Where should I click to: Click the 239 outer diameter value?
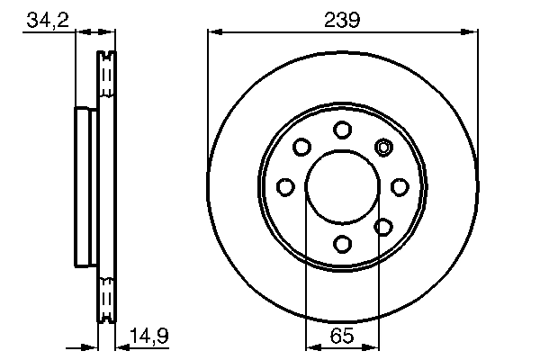(x=342, y=19)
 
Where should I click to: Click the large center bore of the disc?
(x=342, y=186)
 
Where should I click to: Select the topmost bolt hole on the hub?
(x=342, y=130)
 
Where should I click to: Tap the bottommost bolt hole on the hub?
(x=342, y=243)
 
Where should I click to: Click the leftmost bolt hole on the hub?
(x=285, y=186)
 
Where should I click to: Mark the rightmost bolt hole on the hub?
(x=399, y=186)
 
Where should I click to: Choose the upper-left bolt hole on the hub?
(x=301, y=147)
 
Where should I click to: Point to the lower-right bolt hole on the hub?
(x=382, y=227)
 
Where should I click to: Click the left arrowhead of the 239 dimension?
(x=213, y=32)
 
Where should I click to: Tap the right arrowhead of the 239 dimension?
(x=472, y=32)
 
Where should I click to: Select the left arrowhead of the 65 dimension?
(x=311, y=346)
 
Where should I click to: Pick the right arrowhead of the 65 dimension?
(x=374, y=346)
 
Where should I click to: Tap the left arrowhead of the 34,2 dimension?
(x=74, y=32)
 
